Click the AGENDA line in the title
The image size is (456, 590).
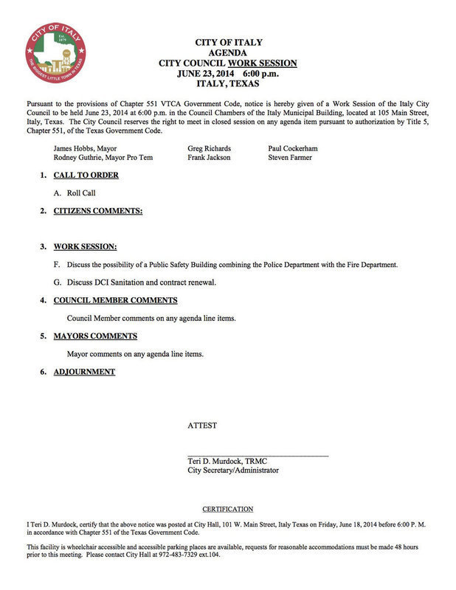(x=228, y=53)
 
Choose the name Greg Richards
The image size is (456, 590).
(x=210, y=148)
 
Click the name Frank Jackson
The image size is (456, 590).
(x=209, y=158)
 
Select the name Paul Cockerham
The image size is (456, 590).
(x=293, y=148)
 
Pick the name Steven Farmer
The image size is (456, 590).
(x=290, y=158)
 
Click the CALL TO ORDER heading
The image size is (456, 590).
(x=86, y=176)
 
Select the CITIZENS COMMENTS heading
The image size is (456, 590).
(x=98, y=211)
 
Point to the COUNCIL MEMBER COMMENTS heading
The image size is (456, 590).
(x=115, y=300)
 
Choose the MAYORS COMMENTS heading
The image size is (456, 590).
(x=95, y=336)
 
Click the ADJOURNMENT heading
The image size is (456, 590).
(x=84, y=372)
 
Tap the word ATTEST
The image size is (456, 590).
(x=202, y=426)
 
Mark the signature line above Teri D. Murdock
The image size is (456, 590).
(x=258, y=456)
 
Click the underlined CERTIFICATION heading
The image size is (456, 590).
(x=228, y=509)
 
